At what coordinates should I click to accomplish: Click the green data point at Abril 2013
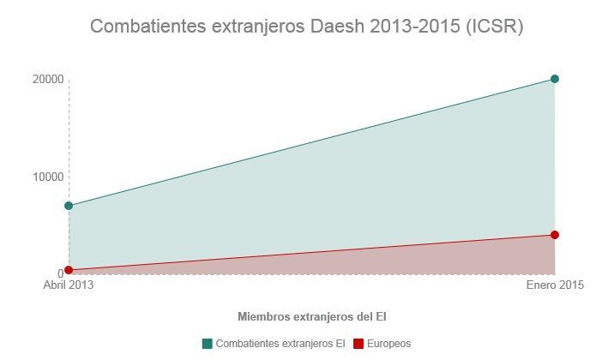click(69, 206)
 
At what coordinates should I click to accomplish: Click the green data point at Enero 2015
click(555, 79)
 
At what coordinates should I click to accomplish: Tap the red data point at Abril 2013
click(69, 270)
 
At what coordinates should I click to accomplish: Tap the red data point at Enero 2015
click(555, 235)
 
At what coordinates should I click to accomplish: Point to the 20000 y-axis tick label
click(49, 80)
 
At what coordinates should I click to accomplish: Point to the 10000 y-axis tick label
click(49, 177)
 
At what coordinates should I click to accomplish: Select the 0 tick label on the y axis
click(60, 273)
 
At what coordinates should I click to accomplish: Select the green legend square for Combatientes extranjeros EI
click(207, 344)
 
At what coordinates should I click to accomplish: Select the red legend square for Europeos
click(359, 344)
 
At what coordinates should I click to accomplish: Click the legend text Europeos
click(389, 344)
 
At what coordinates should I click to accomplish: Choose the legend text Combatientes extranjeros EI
click(280, 344)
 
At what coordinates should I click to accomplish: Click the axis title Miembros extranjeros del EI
click(306, 315)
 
